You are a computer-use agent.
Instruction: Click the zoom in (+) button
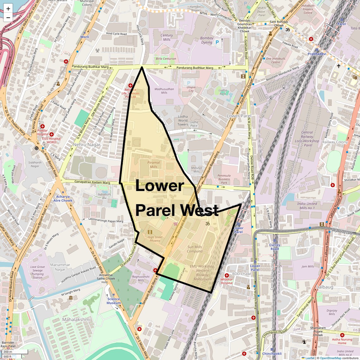[8, 9]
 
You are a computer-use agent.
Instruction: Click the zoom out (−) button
[8, 17]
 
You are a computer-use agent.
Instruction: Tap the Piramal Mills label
[154, 165]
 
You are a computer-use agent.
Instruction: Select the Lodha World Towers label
[183, 120]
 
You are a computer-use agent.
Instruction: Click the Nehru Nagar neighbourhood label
[87, 145]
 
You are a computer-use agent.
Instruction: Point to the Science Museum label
[114, 301]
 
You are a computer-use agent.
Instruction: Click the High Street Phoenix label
[155, 239]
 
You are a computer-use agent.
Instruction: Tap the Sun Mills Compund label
[195, 249]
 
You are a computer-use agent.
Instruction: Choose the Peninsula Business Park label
[224, 179]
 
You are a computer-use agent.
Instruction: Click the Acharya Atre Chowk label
[63, 198]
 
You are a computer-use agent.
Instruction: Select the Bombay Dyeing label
[207, 40]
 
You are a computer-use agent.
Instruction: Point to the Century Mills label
[167, 37]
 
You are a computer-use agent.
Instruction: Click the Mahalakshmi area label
[76, 320]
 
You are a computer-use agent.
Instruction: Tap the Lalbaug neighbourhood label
[325, 287]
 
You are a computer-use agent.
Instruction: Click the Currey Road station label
[275, 247]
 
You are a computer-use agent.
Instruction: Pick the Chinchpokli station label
[272, 354]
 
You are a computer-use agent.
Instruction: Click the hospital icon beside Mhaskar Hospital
[226, 275]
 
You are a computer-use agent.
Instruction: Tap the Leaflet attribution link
[309, 358]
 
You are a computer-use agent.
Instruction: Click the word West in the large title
[199, 210]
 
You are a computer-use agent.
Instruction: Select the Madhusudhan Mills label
[164, 91]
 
